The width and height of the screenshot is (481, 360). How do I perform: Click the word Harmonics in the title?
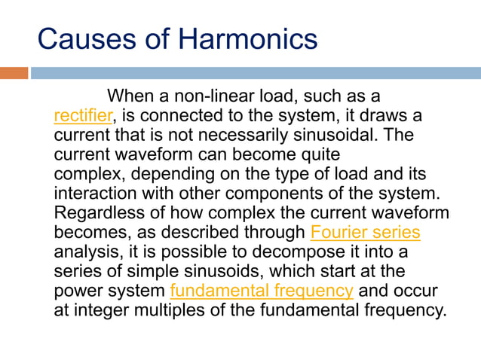pyautogui.click(x=249, y=38)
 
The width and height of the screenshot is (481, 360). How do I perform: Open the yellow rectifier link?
pyautogui.click(x=83, y=117)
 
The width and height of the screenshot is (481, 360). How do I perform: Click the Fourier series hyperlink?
pyautogui.click(x=365, y=232)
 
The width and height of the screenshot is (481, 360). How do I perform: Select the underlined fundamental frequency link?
pyautogui.click(x=262, y=291)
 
